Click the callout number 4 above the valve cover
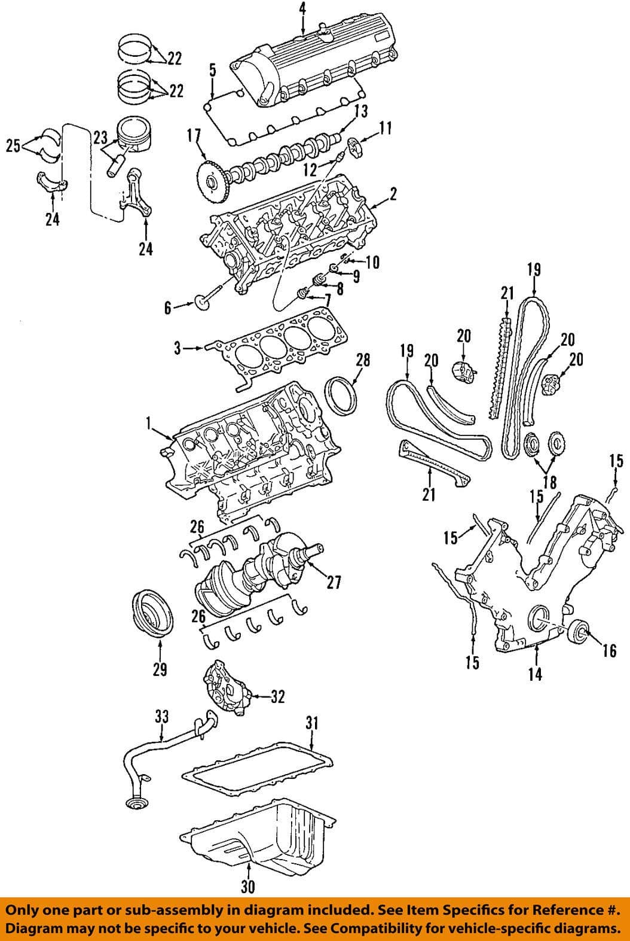(x=302, y=8)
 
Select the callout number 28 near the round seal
(x=363, y=360)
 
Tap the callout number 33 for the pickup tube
(x=162, y=716)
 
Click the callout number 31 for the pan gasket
(x=311, y=723)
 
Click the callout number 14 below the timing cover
(x=535, y=674)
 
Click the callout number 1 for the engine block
(x=147, y=424)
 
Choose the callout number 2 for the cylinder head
(x=393, y=194)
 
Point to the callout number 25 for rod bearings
(x=13, y=145)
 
